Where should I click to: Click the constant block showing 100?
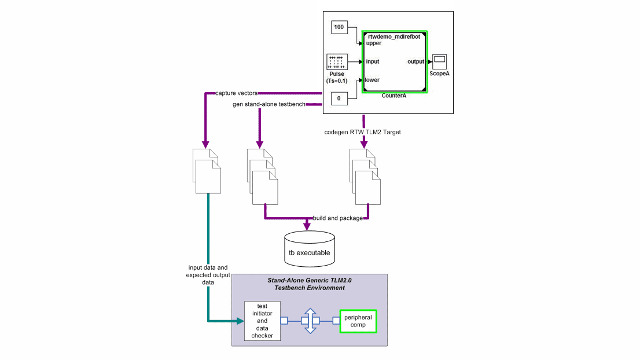(x=339, y=27)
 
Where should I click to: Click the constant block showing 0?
(x=339, y=98)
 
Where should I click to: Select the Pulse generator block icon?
(x=336, y=61)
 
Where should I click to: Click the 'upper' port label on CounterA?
(x=374, y=43)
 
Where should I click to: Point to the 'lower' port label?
(x=372, y=80)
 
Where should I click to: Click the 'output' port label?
(x=415, y=61)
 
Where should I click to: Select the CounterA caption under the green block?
(x=393, y=96)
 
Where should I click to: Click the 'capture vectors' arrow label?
(x=236, y=93)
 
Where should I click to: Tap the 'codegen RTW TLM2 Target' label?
(x=363, y=133)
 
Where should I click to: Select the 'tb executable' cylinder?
(x=310, y=247)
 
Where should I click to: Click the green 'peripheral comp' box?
(x=358, y=321)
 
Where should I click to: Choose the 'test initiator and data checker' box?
(x=262, y=321)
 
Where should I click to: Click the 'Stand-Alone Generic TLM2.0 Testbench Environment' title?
(x=310, y=284)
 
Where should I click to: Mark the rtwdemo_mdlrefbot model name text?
(x=393, y=36)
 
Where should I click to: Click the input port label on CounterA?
(x=373, y=61)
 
